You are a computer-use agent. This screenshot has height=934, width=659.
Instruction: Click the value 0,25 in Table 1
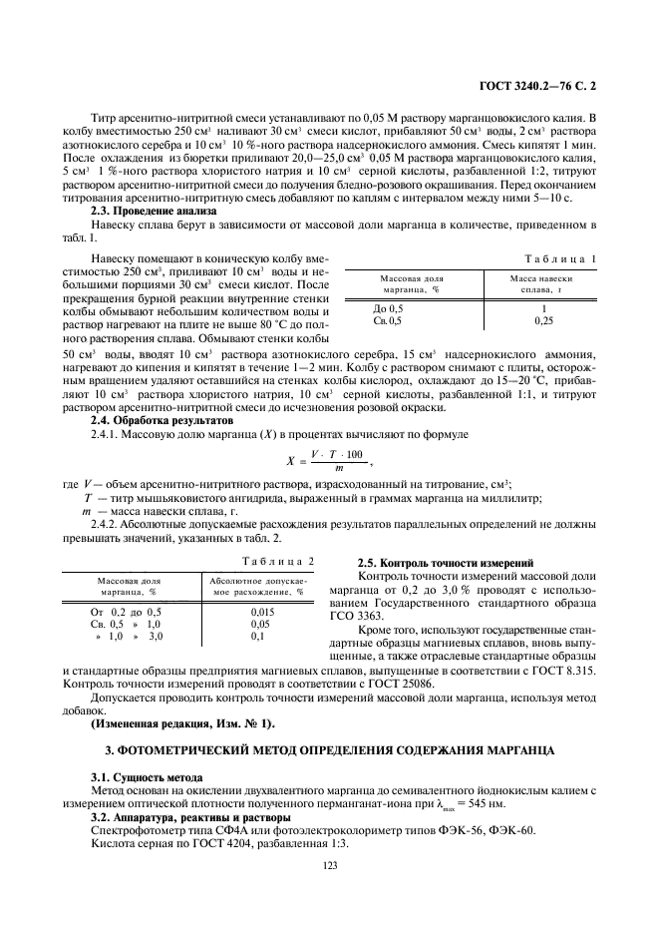coord(542,321)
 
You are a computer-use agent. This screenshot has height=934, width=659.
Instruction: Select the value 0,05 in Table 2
coord(262,623)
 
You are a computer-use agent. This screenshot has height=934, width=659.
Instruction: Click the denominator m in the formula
coord(339,468)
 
